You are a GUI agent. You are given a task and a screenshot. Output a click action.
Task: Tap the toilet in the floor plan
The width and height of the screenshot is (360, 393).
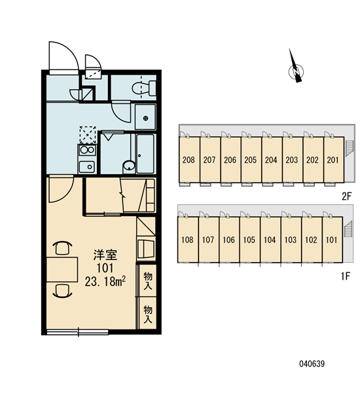tap(144, 88)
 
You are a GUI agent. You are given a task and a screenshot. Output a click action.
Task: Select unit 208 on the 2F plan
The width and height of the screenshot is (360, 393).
tap(189, 160)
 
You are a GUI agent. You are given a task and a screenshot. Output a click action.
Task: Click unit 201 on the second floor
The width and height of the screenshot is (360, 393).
tap(334, 160)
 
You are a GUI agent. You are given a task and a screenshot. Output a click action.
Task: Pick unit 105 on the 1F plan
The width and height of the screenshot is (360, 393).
tap(249, 240)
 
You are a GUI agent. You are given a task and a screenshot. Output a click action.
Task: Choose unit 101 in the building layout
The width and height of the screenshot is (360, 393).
tap(333, 240)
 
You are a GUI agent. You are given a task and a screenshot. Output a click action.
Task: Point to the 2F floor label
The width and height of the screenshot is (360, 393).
tap(347, 196)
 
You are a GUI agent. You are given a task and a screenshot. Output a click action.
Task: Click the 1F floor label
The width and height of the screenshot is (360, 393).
tap(345, 276)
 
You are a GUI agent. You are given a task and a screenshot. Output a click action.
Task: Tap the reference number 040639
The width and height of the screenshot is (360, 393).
tap(312, 364)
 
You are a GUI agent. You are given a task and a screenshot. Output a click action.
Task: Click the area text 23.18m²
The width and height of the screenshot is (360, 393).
tap(105, 282)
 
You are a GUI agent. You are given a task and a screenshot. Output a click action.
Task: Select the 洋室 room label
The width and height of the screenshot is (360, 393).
tap(105, 255)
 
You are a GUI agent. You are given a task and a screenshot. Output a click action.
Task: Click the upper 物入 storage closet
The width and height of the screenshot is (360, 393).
tap(147, 280)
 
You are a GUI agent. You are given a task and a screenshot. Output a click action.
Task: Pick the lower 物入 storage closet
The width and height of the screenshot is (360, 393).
tap(147, 313)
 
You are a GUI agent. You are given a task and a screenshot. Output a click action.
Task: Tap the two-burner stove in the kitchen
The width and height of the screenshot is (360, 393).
tap(87, 150)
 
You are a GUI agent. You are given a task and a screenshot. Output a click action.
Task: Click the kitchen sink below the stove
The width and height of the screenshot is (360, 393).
tap(87, 166)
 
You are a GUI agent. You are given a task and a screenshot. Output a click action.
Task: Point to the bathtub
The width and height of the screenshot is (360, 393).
tap(145, 154)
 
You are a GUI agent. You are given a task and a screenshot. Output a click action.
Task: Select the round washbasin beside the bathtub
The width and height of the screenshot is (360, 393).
tap(129, 166)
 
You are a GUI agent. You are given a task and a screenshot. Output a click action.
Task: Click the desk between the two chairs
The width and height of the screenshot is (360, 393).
tap(62, 269)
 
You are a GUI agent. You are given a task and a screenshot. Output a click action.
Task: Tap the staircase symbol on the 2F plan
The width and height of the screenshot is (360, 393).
tap(350, 149)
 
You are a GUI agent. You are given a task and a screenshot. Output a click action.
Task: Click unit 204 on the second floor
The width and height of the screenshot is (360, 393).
tap(272, 160)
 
